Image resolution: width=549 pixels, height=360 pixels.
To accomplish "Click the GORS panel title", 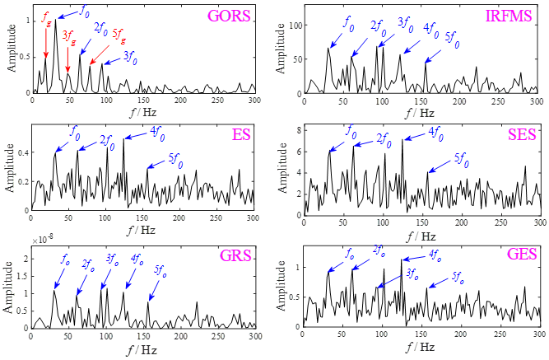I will [x=230, y=15].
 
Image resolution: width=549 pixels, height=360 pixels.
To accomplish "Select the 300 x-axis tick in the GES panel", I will [x=540, y=337].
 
